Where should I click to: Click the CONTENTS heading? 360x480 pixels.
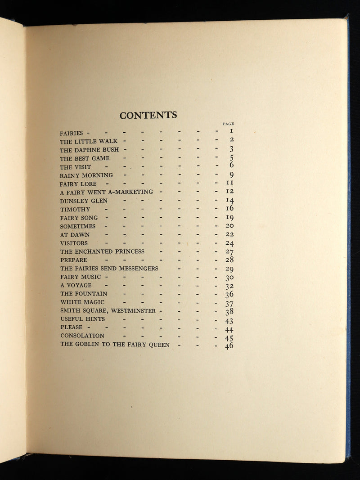(x=148, y=116)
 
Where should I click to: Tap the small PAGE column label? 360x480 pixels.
(x=228, y=124)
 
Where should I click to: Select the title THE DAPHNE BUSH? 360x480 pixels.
(x=90, y=150)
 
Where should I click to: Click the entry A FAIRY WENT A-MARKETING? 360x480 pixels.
(x=106, y=192)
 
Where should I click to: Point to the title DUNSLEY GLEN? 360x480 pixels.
(x=84, y=201)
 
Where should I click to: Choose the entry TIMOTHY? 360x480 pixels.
(x=75, y=209)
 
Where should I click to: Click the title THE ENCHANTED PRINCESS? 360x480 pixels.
(x=103, y=251)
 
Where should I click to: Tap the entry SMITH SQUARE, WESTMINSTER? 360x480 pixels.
(x=108, y=311)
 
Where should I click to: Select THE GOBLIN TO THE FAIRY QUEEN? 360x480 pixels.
(x=115, y=345)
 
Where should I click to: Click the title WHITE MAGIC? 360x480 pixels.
(x=82, y=302)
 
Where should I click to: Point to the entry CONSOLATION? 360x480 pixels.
(x=82, y=336)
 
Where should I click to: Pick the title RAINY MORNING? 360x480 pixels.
(x=86, y=175)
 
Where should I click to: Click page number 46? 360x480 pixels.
(x=229, y=346)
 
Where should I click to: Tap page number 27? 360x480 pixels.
(x=229, y=252)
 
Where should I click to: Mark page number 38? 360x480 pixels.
(x=229, y=311)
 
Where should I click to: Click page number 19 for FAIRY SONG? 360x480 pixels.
(x=229, y=218)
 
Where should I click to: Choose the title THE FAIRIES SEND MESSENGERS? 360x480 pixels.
(x=109, y=269)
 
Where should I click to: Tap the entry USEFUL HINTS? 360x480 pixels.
(x=82, y=319)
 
